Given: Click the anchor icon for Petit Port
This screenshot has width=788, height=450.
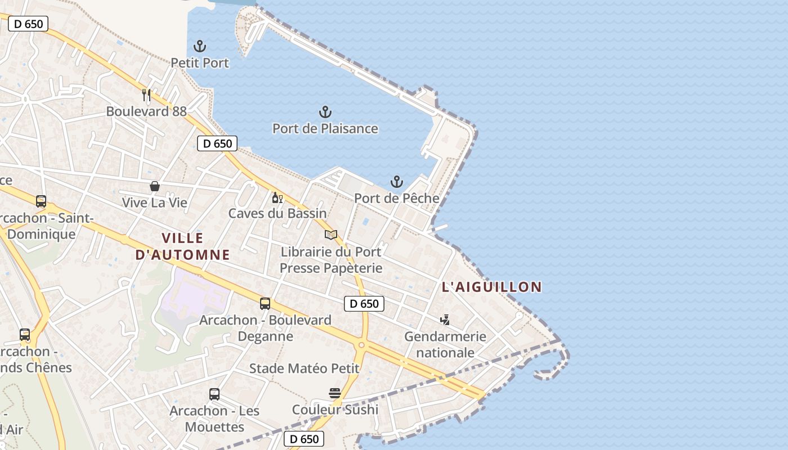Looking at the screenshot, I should [200, 46].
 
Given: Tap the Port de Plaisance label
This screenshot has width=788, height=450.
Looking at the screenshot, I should [325, 128].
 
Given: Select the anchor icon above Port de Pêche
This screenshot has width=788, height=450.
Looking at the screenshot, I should [397, 182].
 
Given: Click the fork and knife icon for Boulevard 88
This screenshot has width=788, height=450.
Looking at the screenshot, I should [146, 94].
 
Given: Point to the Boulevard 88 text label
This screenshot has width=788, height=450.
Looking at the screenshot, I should [146, 111].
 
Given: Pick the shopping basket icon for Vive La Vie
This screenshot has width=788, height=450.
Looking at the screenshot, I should [154, 186].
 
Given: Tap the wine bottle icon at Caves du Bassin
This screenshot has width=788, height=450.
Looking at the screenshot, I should [277, 197].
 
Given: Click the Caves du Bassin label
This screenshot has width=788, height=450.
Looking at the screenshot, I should [277, 213].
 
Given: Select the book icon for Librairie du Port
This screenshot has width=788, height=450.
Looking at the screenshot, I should [331, 235].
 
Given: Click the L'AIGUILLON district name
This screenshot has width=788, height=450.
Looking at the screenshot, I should [492, 287].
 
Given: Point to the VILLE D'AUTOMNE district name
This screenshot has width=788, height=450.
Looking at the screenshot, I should [183, 246].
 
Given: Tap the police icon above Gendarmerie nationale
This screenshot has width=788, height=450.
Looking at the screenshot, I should [445, 320].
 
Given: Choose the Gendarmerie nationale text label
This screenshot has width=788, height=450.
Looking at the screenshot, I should [445, 345].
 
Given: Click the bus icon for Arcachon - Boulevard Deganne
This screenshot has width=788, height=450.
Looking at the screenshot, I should [265, 304].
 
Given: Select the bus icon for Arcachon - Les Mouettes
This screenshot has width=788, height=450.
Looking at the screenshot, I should [214, 394].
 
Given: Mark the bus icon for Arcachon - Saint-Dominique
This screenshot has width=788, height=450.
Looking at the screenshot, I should [41, 201].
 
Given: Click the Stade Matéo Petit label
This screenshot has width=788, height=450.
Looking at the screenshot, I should [305, 368].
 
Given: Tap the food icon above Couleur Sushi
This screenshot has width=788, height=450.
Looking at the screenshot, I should [335, 393].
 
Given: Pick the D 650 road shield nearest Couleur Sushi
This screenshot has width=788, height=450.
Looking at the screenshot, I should [304, 439].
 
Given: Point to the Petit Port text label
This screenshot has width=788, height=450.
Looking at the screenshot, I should [200, 63].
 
